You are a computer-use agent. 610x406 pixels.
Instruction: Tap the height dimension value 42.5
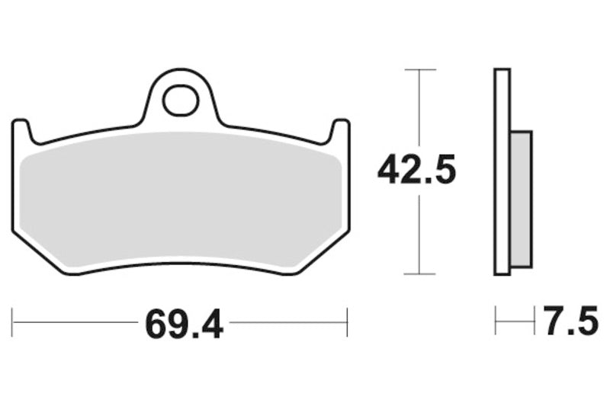(416, 171)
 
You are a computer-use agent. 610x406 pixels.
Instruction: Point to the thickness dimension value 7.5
(571, 322)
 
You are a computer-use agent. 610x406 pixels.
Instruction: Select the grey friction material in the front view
(180, 202)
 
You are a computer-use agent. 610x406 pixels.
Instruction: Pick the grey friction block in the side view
(521, 199)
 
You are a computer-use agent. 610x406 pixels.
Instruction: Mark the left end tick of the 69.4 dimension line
(13, 322)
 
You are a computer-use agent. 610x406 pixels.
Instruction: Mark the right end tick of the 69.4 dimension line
(348, 322)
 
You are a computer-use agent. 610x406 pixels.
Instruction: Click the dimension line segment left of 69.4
(76, 322)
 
